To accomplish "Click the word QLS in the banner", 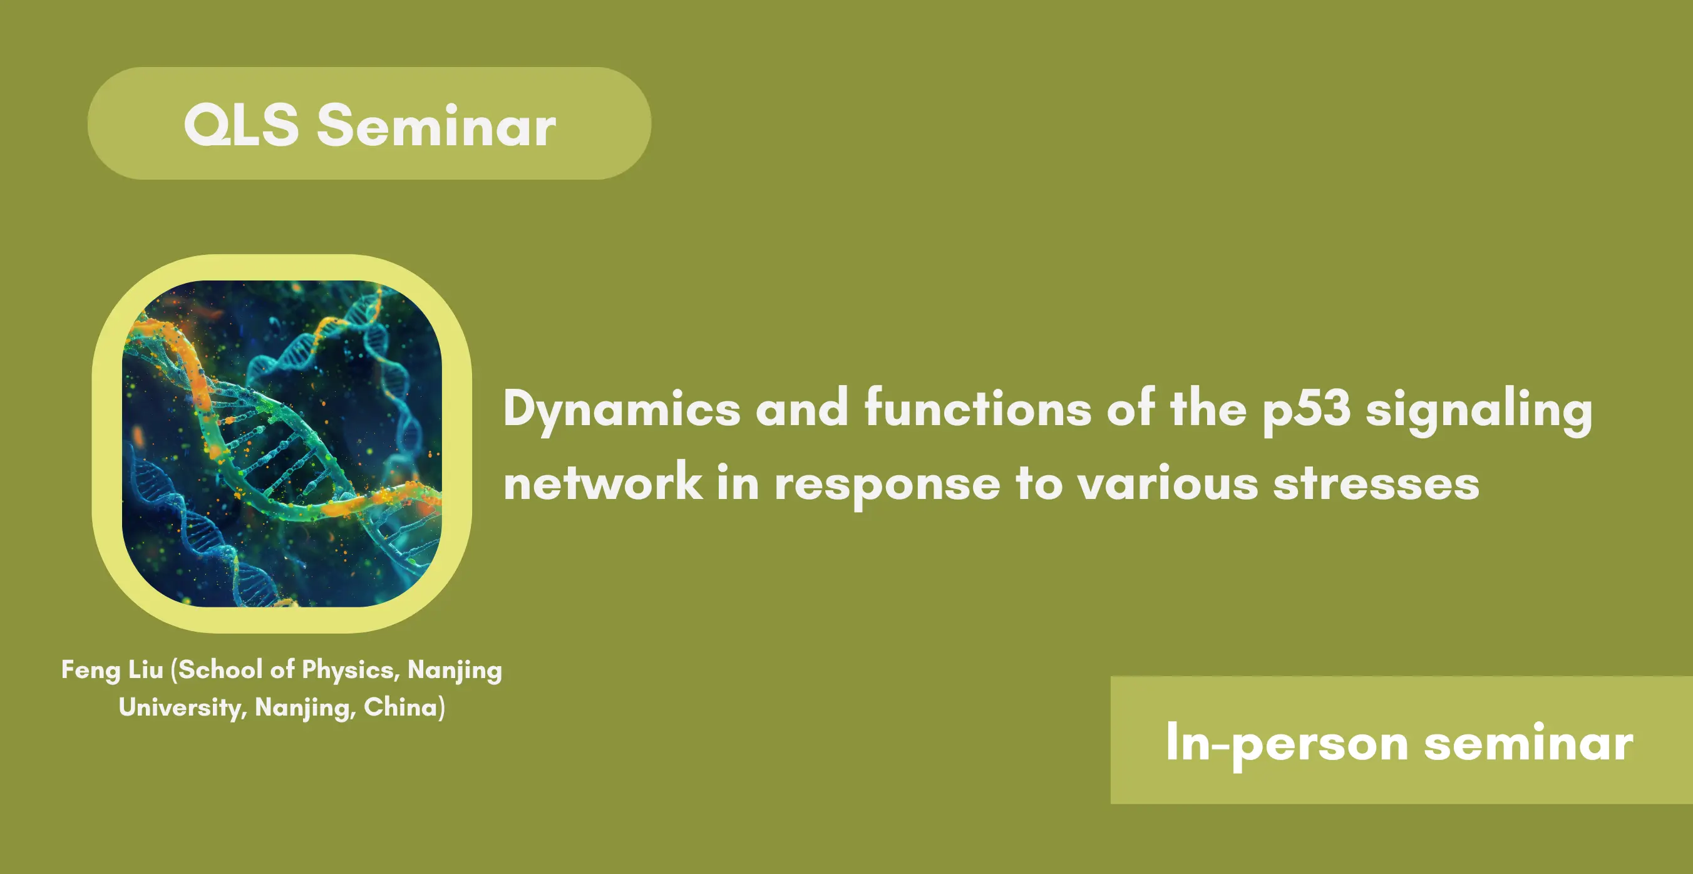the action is point(241,125).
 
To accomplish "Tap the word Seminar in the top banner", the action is point(436,125).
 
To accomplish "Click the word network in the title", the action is point(603,482).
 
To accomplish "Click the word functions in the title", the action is point(978,409).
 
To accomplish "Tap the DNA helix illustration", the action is point(282,443).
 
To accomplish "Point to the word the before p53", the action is point(1208,409).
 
